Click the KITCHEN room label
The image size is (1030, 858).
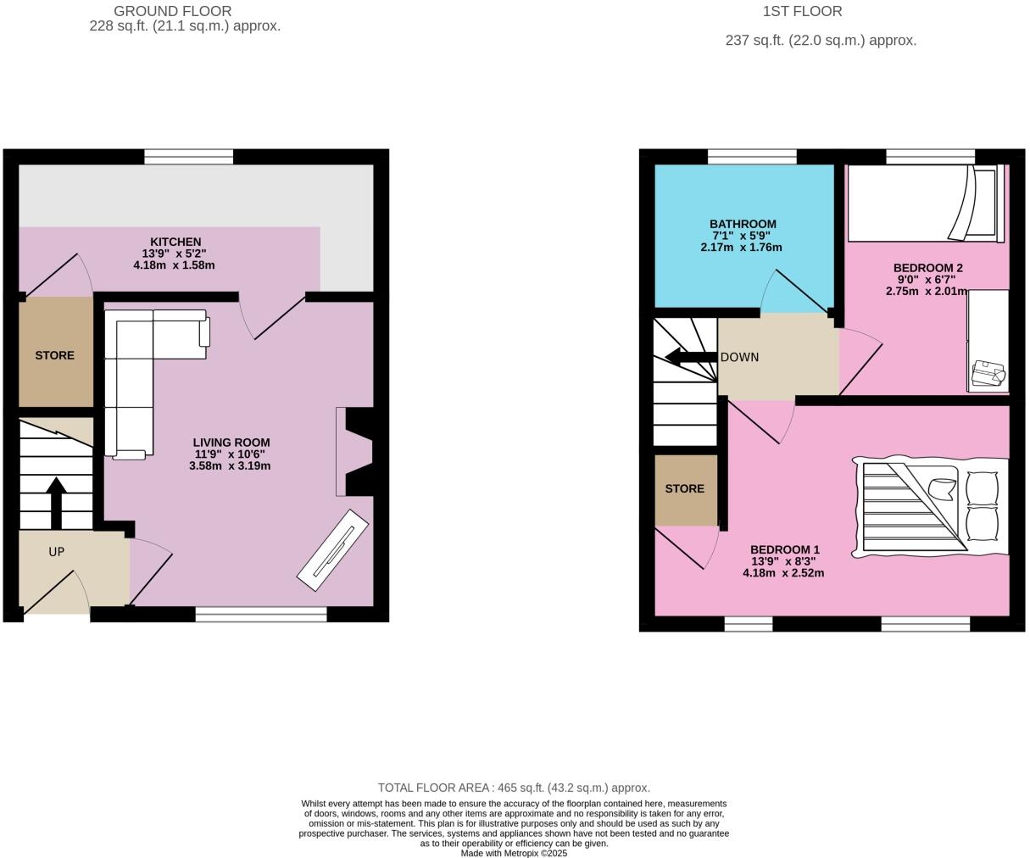[175, 242]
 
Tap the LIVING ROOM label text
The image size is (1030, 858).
[231, 442]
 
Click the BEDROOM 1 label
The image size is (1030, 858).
[784, 549]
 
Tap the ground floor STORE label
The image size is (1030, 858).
[55, 355]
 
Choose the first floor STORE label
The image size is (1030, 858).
[684, 488]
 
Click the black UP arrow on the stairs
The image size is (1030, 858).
[56, 503]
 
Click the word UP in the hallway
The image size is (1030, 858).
[56, 552]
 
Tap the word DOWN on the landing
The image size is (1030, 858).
[739, 357]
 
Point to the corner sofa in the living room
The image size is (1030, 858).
[136, 365]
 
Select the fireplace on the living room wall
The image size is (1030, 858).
[354, 451]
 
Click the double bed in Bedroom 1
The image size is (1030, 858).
[931, 507]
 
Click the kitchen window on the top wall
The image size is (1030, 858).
[188, 156]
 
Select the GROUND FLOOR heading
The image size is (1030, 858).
[172, 11]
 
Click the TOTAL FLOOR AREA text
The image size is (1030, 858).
[514, 788]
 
